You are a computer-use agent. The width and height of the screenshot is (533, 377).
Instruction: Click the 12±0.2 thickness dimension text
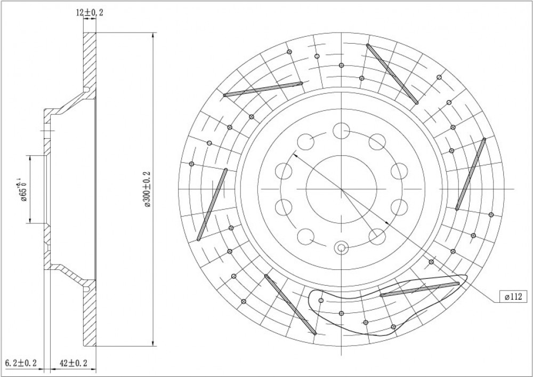pos(90,13)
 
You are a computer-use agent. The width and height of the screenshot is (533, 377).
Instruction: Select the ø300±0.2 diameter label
pos(148,189)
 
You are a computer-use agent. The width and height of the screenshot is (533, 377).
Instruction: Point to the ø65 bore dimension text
pos(23,190)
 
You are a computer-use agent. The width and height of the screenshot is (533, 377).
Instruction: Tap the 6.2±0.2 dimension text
pos(22,363)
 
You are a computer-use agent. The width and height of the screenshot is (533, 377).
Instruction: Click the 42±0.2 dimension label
pos(74,363)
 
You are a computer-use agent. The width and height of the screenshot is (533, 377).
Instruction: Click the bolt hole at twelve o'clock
pos(341,131)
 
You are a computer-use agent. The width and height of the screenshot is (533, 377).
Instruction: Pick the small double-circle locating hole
pos(341,248)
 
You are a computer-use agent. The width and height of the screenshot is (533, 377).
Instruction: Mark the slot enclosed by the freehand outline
pos(419,290)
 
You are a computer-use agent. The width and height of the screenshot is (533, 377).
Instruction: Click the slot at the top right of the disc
pos(392,74)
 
